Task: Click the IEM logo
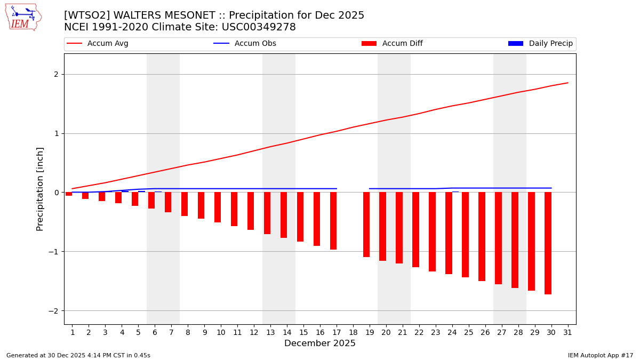point(23,17)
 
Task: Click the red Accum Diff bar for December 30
point(548,243)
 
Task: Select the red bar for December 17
point(333,221)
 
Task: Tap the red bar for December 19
point(366,225)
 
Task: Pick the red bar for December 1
point(69,194)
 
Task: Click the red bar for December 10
point(218,207)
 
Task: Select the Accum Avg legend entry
point(98,44)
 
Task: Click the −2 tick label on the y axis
point(53,311)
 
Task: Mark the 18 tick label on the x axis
point(353,333)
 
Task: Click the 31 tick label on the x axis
point(567,333)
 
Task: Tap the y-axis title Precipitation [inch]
point(41,189)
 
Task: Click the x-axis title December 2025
point(320,343)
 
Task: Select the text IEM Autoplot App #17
point(601,355)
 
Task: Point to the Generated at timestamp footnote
point(78,355)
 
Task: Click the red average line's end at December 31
point(567,83)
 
